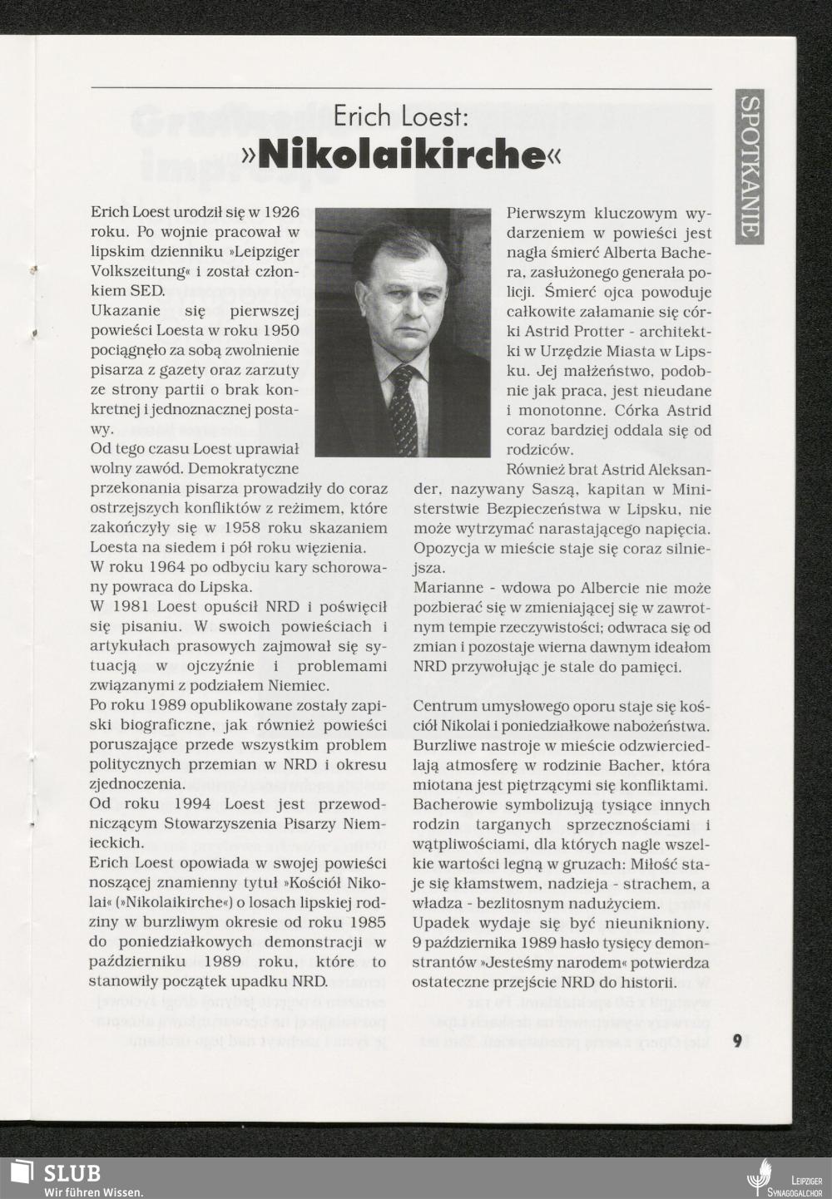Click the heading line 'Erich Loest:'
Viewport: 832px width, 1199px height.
point(401,116)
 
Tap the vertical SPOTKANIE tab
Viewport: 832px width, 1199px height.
point(749,167)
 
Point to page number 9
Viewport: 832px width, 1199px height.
point(737,1041)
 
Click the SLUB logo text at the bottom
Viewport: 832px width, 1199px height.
point(72,1172)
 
